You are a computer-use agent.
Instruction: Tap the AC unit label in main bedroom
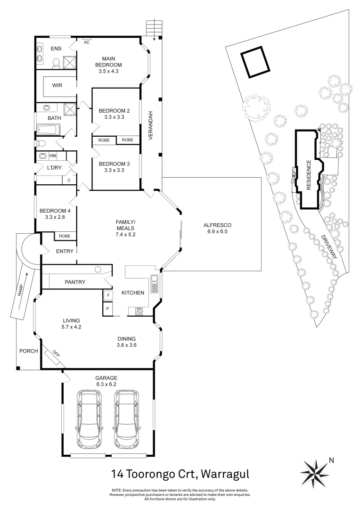86,42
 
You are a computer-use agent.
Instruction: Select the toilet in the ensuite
56,62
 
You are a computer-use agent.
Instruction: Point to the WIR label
57,86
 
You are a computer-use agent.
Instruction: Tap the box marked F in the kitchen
108,295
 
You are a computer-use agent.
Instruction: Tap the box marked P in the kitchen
108,309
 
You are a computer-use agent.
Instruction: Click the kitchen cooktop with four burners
139,311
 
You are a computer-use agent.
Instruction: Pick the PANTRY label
75,282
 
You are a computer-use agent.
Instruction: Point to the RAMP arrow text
20,291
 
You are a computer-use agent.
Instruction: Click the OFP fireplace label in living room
56,353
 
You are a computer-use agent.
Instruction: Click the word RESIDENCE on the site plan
309,175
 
